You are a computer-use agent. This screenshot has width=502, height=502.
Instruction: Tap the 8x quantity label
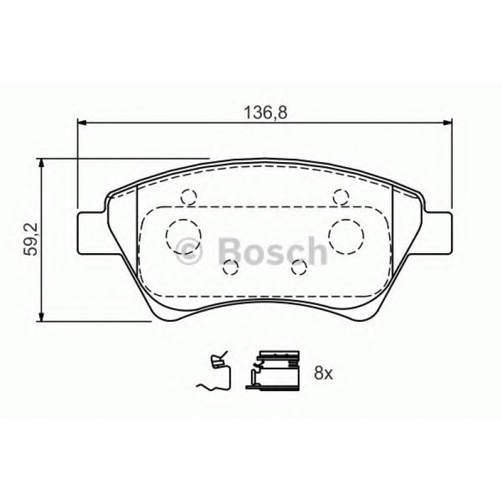324,374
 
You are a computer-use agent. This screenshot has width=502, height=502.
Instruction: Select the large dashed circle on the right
346,236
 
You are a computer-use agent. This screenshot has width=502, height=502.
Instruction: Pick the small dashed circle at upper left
188,198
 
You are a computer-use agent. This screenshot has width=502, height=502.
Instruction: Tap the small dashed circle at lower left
231,268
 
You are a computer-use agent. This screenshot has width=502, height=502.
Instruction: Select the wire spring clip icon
215,374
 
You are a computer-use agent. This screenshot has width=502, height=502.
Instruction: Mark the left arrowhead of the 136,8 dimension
81,123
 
